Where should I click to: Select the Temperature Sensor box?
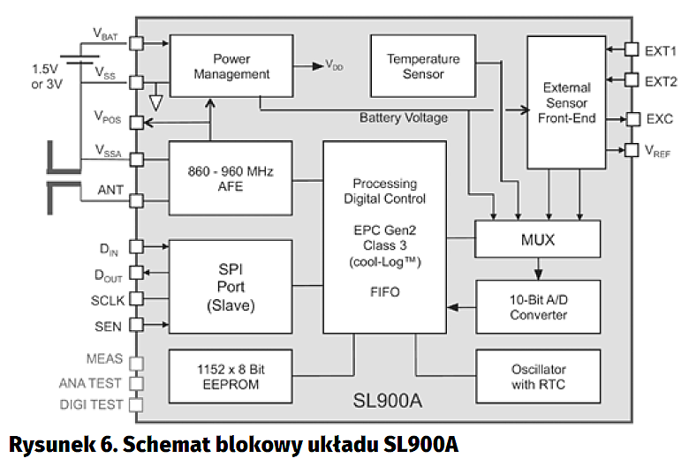[423, 66]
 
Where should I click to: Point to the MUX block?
[538, 238]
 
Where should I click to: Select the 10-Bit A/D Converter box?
[538, 306]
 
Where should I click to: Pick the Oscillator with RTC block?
[538, 375]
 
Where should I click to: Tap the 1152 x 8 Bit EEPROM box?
[231, 375]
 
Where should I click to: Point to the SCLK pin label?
[108, 299]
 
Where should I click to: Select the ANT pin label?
[110, 188]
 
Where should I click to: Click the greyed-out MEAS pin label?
[105, 360]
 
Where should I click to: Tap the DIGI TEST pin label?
[90, 404]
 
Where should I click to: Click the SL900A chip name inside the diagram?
[390, 402]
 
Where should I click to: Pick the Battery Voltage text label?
[404, 117]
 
